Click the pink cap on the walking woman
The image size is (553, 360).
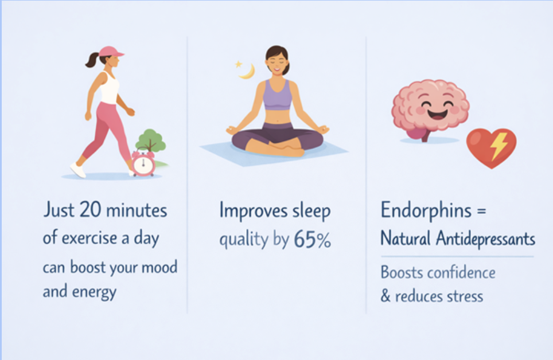[x=110, y=52]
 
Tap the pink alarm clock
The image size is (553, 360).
[x=143, y=163]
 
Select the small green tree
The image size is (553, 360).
[x=151, y=140]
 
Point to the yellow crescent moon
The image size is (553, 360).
[x=247, y=72]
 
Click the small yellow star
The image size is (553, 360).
[x=239, y=64]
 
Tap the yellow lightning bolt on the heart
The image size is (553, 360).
[x=498, y=145]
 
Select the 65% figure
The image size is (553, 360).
[x=313, y=240]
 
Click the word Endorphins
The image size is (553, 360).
[x=426, y=210]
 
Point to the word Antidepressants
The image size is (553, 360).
[x=485, y=238]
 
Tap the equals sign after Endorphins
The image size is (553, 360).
[x=481, y=211]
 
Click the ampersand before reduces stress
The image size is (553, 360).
[x=385, y=296]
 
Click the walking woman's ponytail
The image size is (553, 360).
[x=92, y=60]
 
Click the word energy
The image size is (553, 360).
[x=94, y=292]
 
